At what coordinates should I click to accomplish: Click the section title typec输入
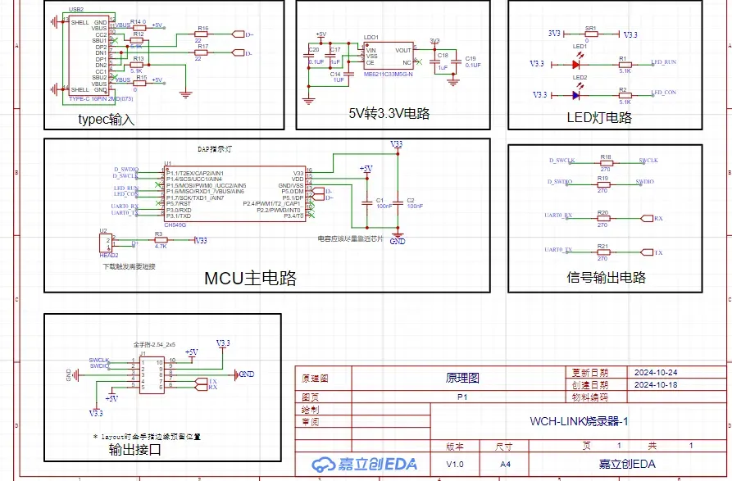tap(106, 120)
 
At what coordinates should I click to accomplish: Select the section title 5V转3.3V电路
tap(389, 114)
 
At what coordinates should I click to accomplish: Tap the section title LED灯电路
tap(599, 117)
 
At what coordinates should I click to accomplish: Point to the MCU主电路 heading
tap(250, 277)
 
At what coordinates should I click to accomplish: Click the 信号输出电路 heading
tap(606, 277)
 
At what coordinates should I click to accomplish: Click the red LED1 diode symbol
tap(576, 63)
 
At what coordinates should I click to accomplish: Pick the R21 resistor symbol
tap(603, 252)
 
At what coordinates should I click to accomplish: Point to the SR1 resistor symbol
tap(591, 34)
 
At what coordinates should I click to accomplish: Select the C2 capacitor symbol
tap(397, 200)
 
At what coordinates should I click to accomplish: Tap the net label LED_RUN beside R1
tap(663, 62)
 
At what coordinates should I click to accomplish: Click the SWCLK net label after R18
tap(648, 161)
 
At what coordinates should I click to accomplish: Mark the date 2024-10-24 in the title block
tap(654, 373)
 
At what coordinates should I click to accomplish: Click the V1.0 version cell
tap(454, 464)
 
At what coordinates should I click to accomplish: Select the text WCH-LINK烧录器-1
tap(580, 421)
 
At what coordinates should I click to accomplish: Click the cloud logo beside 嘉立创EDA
tap(322, 464)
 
